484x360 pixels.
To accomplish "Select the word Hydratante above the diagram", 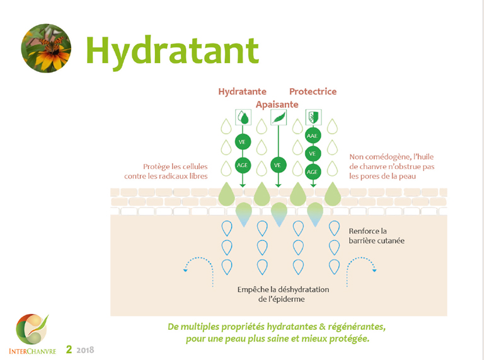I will pyautogui.click(x=243, y=91).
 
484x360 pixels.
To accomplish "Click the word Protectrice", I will pyautogui.click(x=313, y=91).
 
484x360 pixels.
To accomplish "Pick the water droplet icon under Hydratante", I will pyautogui.click(x=243, y=117).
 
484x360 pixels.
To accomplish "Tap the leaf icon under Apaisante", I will pyautogui.click(x=278, y=117).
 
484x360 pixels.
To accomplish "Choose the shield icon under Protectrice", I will pyautogui.click(x=313, y=117).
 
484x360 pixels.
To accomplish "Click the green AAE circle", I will pyautogui.click(x=313, y=136).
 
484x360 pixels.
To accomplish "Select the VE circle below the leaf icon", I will pyautogui.click(x=278, y=165).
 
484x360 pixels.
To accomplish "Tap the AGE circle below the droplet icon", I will pyautogui.click(x=243, y=165).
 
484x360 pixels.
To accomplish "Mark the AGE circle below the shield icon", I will pyautogui.click(x=313, y=171).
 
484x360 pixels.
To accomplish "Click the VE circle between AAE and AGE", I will pyautogui.click(x=313, y=153).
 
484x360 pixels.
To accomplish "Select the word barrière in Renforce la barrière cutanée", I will pyautogui.click(x=366, y=241).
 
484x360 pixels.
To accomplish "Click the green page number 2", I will pyautogui.click(x=70, y=347).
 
